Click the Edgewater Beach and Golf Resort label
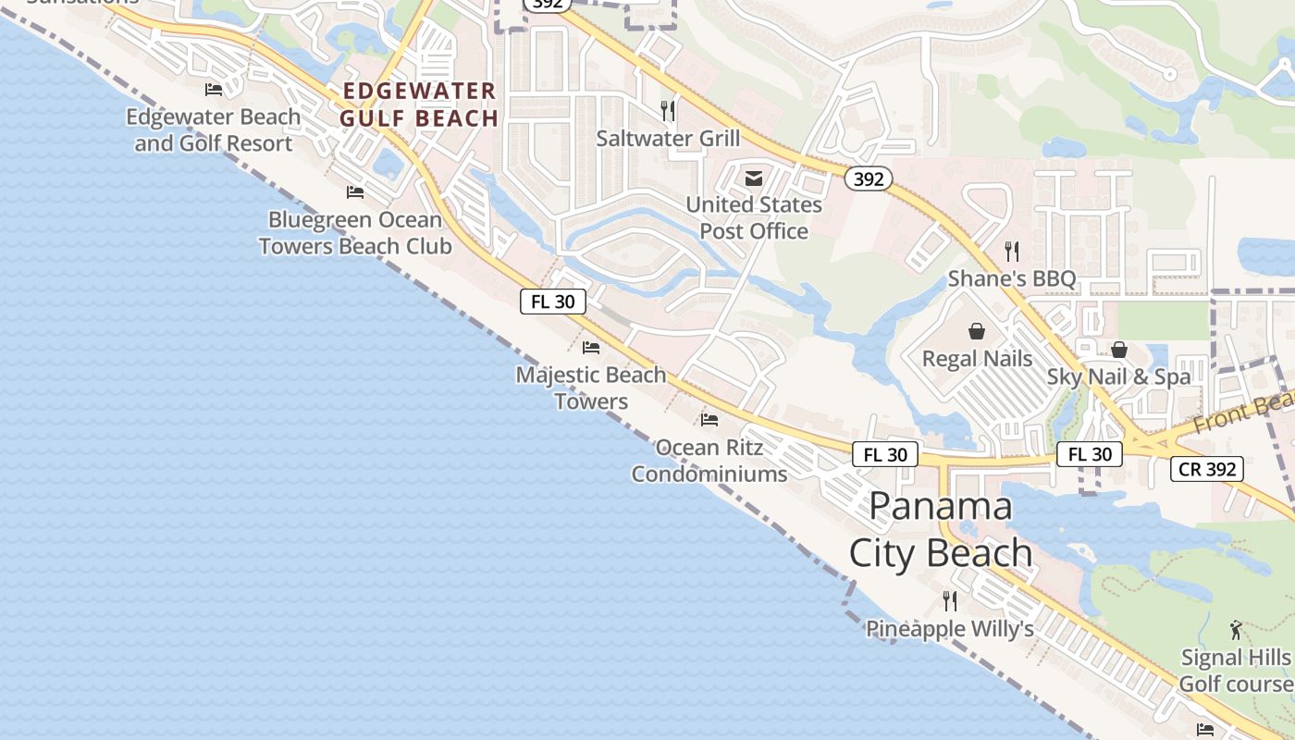(214, 130)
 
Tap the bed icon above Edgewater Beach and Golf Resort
(214, 90)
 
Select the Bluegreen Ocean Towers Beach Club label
(355, 233)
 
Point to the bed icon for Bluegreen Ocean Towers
(355, 192)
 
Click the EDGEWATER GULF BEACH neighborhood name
(419, 105)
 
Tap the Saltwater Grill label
(668, 139)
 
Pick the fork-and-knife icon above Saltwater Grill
(668, 111)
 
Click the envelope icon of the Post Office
(754, 179)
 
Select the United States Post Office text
(754, 218)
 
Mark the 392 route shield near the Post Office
(868, 179)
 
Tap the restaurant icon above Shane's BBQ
(1012, 251)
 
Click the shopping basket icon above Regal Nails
(977, 331)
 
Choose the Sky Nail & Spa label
(1118, 376)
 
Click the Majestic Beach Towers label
(591, 388)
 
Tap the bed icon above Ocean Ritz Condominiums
(709, 419)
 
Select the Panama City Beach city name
(941, 529)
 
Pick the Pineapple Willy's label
(949, 629)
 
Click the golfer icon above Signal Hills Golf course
(1237, 630)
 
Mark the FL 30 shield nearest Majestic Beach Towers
(553, 302)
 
